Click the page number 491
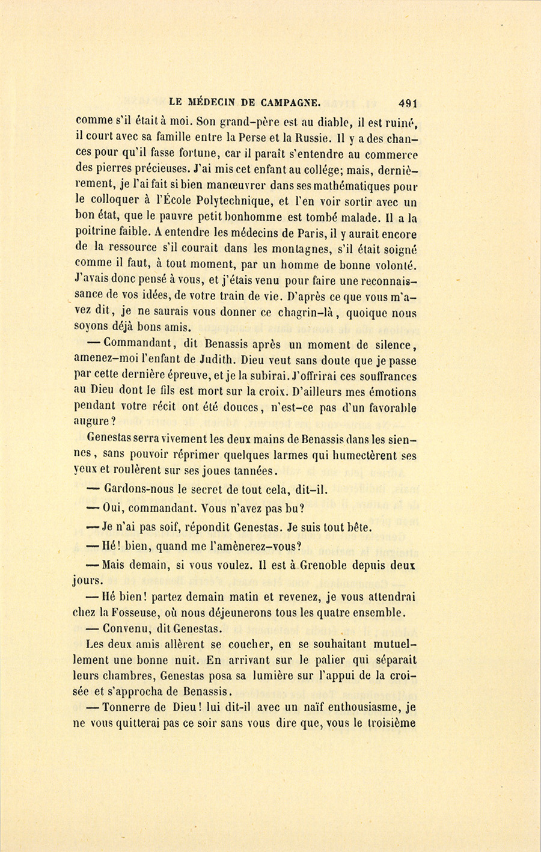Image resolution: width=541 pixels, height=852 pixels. click(407, 102)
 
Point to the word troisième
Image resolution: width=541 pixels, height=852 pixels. click(391, 723)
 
